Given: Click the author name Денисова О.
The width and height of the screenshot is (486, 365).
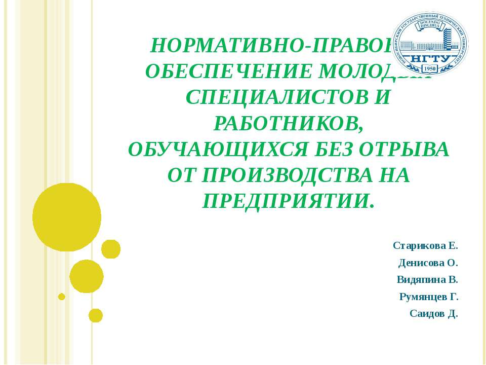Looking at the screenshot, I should (x=428, y=263).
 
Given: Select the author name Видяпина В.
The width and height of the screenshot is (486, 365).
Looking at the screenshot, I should (x=427, y=280).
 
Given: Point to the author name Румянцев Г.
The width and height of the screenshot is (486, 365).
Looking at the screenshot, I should (x=428, y=297).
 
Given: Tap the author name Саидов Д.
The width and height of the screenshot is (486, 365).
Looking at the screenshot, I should (x=433, y=313).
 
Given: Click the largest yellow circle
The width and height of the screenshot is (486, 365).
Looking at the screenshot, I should (x=67, y=217).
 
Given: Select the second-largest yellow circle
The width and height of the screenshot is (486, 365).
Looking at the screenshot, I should (x=87, y=276).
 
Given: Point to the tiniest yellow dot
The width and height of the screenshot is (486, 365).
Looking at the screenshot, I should (x=62, y=297).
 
